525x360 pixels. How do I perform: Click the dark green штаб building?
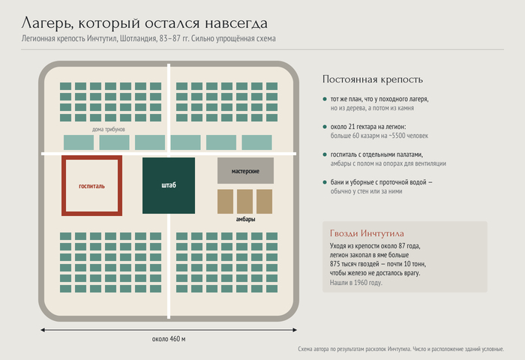pos(169,185)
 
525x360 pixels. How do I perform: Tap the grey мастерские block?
pos(245,171)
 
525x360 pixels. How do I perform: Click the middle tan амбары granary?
pos(244,202)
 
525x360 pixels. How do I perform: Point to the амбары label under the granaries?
pos(245,219)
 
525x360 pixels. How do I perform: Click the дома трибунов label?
pos(109,129)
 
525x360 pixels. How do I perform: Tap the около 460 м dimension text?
pos(169,339)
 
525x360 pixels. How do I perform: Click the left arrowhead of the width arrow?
pos(43,330)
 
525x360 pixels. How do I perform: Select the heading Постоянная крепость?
pos(373,79)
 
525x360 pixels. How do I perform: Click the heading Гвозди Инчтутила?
pos(367,233)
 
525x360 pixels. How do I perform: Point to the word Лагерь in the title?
pos(47,23)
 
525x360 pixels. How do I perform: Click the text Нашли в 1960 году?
pos(356,283)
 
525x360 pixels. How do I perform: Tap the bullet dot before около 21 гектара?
pos(325,127)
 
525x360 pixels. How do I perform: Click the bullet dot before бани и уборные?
pos(325,182)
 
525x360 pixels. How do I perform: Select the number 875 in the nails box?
pos(335,264)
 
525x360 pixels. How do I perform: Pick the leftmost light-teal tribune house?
pos(79,142)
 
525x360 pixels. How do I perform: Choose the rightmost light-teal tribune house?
pos(256,142)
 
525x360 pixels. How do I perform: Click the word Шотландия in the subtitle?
pos(138,38)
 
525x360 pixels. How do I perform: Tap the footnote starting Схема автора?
pos(400,349)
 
